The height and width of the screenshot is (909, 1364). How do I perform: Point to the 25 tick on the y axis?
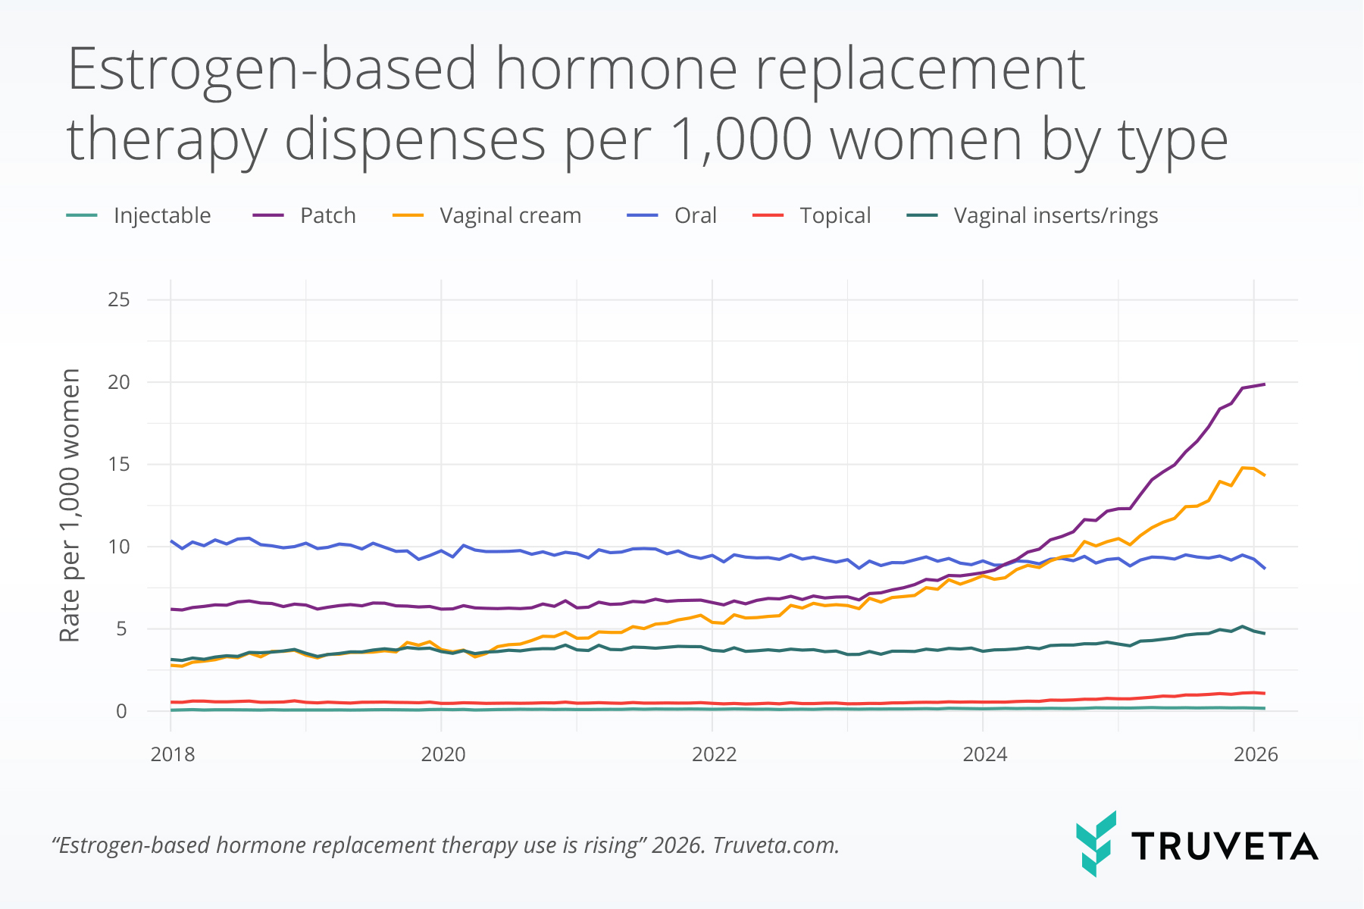pyautogui.click(x=119, y=300)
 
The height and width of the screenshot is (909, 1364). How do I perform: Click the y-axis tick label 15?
pyautogui.click(x=119, y=465)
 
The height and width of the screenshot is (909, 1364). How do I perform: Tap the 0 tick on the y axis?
pyautogui.click(x=121, y=712)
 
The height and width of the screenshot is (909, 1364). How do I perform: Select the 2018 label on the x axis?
pyautogui.click(x=173, y=754)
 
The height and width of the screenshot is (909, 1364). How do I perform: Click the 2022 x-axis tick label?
pyautogui.click(x=714, y=754)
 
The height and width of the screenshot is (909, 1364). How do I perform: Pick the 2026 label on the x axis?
pyautogui.click(x=1256, y=754)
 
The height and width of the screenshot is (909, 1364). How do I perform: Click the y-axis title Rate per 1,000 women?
pyautogui.click(x=70, y=506)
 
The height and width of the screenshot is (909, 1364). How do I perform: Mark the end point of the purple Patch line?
pyautogui.click(x=1264, y=384)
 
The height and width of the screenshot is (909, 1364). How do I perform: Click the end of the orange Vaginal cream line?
pyautogui.click(x=1264, y=475)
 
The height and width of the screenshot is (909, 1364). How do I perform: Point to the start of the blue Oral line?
pyautogui.click(x=171, y=541)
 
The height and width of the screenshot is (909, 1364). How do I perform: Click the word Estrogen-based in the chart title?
pyautogui.click(x=273, y=70)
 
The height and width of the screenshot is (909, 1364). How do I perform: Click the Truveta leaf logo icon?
pyautogui.click(x=1096, y=844)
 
